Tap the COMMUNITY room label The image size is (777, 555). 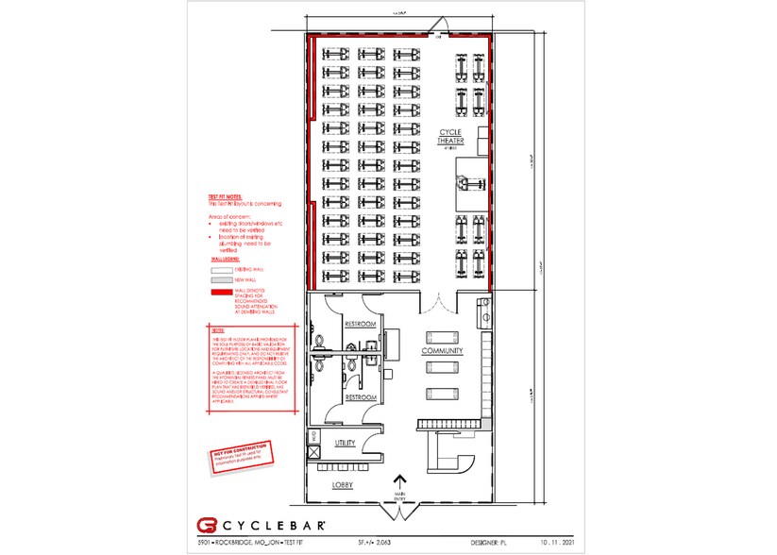(442, 351)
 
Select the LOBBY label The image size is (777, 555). (343, 484)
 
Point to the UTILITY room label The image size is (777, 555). (346, 442)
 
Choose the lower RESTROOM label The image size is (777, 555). (360, 397)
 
